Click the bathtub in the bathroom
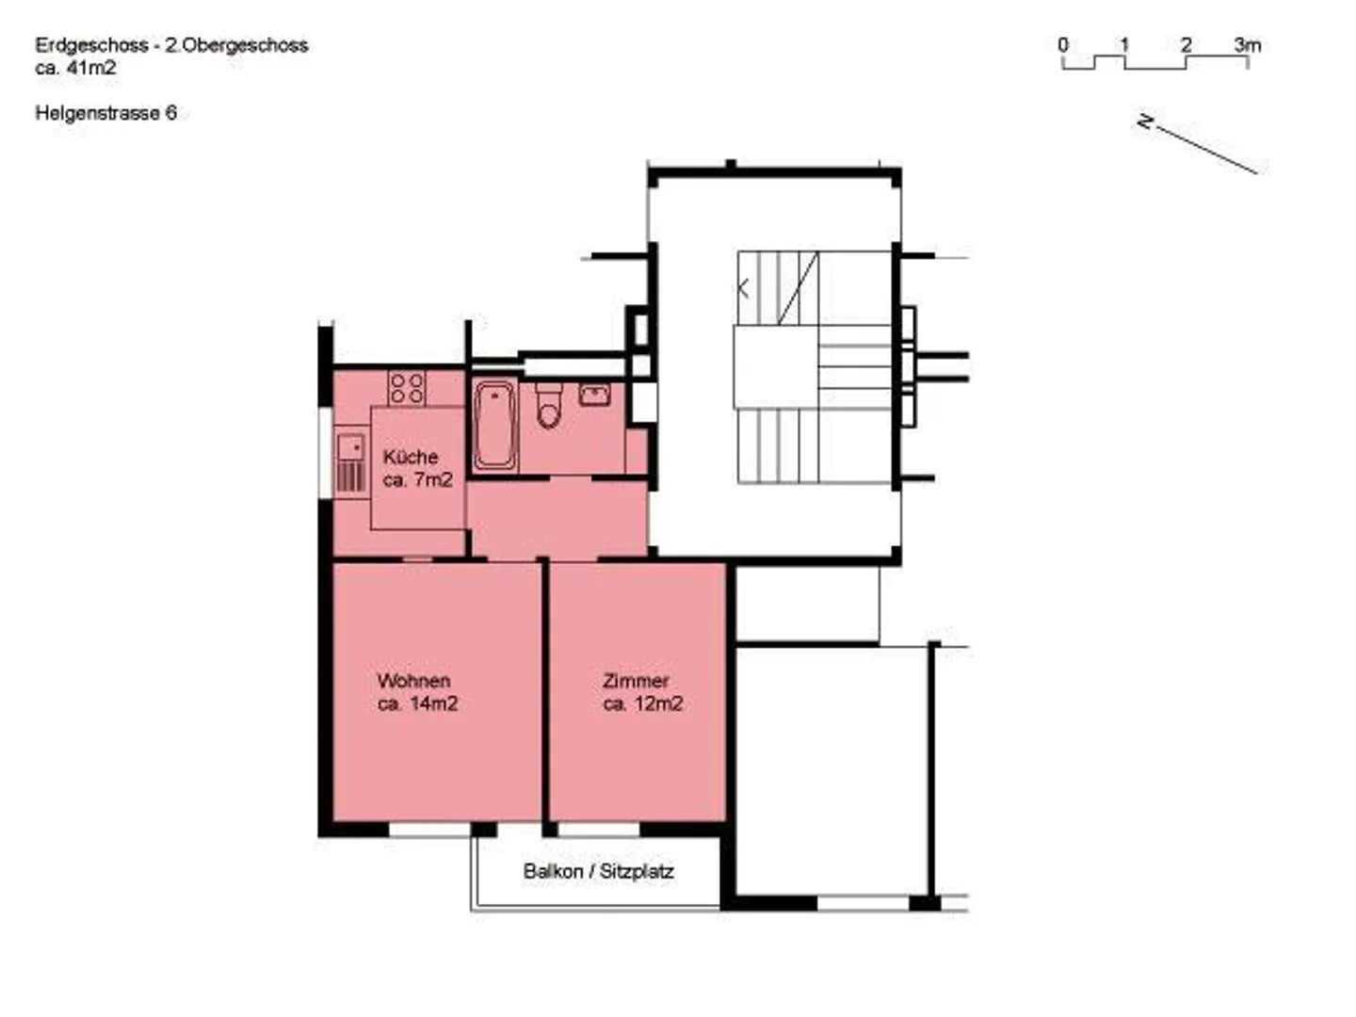[x=494, y=425]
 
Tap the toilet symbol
[x=548, y=407]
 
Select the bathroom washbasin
[x=594, y=395]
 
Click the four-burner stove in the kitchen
[x=407, y=388]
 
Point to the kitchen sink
[x=350, y=447]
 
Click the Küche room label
[x=411, y=457]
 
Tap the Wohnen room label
[x=413, y=680]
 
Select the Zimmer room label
[x=636, y=680]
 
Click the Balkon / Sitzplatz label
[x=598, y=871]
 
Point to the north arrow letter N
[x=1145, y=121]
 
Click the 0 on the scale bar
[x=1063, y=44]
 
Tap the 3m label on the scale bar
[x=1248, y=44]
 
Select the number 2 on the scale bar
[x=1186, y=44]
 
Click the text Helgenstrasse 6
[x=105, y=113]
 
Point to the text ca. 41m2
[x=75, y=68]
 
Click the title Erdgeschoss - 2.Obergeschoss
[x=171, y=44]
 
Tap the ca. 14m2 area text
[x=417, y=703]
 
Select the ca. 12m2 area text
[x=643, y=703]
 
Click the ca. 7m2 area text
[x=417, y=479]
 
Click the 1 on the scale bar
[x=1123, y=44]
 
